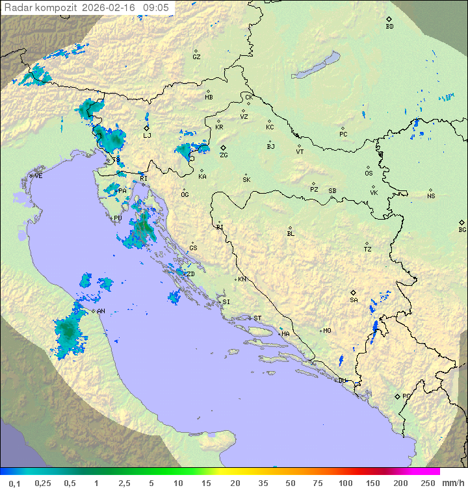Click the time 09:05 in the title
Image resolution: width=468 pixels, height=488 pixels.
pos(156,7)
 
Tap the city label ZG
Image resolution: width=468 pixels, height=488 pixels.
pos(224,155)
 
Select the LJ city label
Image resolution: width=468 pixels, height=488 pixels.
pos(147,135)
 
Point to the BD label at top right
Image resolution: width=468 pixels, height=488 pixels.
pos(389,27)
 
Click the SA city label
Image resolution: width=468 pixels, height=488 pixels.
pos(354,300)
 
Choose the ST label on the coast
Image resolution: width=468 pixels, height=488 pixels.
pos(257,318)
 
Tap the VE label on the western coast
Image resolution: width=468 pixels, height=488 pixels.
pos(38,176)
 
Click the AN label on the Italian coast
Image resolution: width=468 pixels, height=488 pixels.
pos(101,311)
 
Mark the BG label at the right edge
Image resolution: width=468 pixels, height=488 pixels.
pos(462,229)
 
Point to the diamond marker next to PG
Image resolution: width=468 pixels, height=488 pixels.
pos(397,396)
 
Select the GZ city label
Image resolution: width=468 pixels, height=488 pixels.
pos(196,57)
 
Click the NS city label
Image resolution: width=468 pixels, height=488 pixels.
pos(431,196)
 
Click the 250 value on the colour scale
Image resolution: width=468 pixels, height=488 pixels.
pos(428,483)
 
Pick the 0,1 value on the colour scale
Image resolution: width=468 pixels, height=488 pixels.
pos(14,483)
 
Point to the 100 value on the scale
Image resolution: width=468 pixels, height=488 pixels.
pos(346,483)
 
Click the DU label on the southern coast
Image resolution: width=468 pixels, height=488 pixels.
pos(342,381)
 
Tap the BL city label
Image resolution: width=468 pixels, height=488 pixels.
pos(291,234)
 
